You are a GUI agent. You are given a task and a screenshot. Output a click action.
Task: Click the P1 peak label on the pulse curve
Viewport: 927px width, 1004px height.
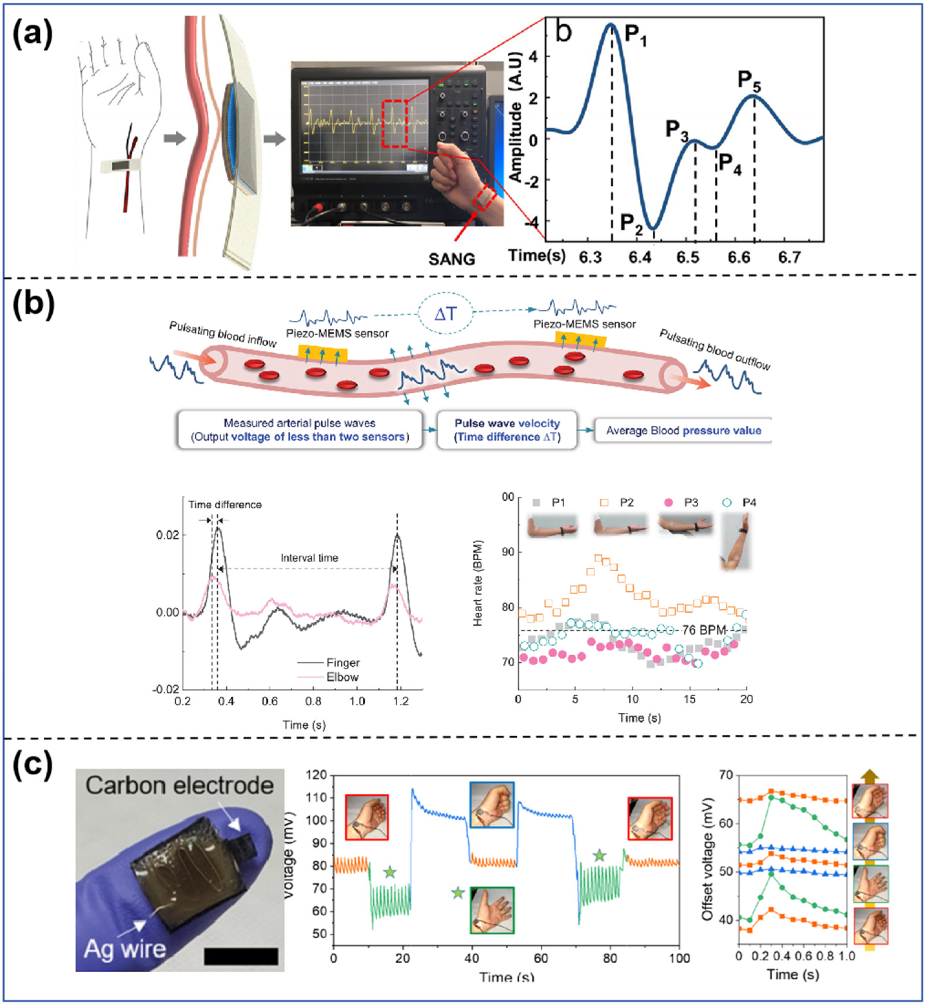635,37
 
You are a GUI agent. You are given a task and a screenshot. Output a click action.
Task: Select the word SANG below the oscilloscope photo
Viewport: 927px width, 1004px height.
451,259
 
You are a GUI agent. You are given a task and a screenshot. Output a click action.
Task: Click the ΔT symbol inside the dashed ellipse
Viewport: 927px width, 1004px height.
446,314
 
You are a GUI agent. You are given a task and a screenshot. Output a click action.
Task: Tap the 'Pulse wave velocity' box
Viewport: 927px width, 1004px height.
507,430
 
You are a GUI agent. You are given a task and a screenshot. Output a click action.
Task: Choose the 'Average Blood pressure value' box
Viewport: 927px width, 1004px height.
683,430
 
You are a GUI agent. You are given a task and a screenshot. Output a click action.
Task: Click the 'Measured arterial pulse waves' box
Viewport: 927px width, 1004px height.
300,430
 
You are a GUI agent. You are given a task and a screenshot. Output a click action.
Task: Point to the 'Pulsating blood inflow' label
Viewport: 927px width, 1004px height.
223,334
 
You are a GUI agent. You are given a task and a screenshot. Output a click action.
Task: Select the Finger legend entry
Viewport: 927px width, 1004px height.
343,662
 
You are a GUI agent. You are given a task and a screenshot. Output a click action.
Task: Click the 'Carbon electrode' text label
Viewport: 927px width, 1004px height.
179,785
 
